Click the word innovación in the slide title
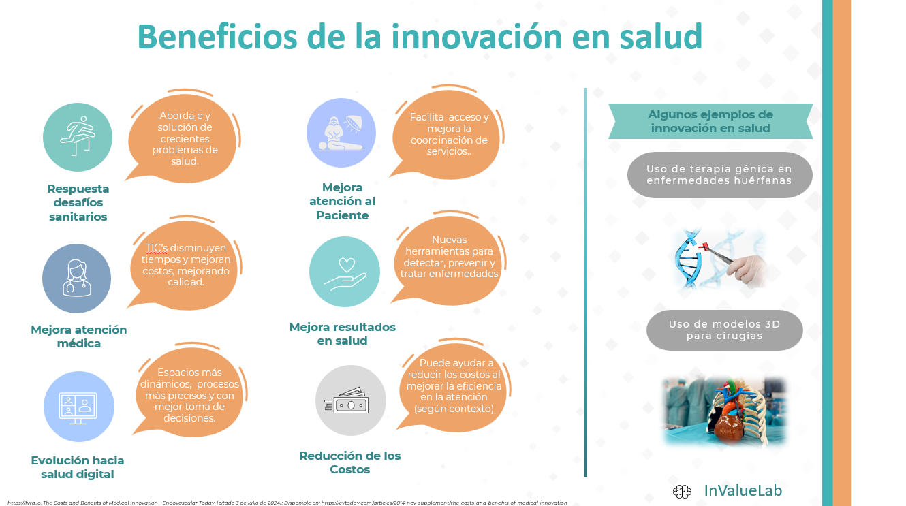[476, 36]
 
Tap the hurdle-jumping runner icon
[78, 136]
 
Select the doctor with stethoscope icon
[76, 279]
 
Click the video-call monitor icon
[78, 408]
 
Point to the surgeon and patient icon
[341, 133]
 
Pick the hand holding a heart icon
[345, 274]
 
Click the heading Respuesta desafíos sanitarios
[78, 203]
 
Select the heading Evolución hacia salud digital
[78, 467]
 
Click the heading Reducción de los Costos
[350, 462]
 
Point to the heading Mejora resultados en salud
[342, 334]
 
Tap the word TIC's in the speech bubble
[157, 248]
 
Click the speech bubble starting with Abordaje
[183, 137]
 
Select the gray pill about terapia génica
[719, 175]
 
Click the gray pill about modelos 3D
[724, 330]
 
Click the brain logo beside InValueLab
[682, 491]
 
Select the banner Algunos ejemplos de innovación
[710, 121]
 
